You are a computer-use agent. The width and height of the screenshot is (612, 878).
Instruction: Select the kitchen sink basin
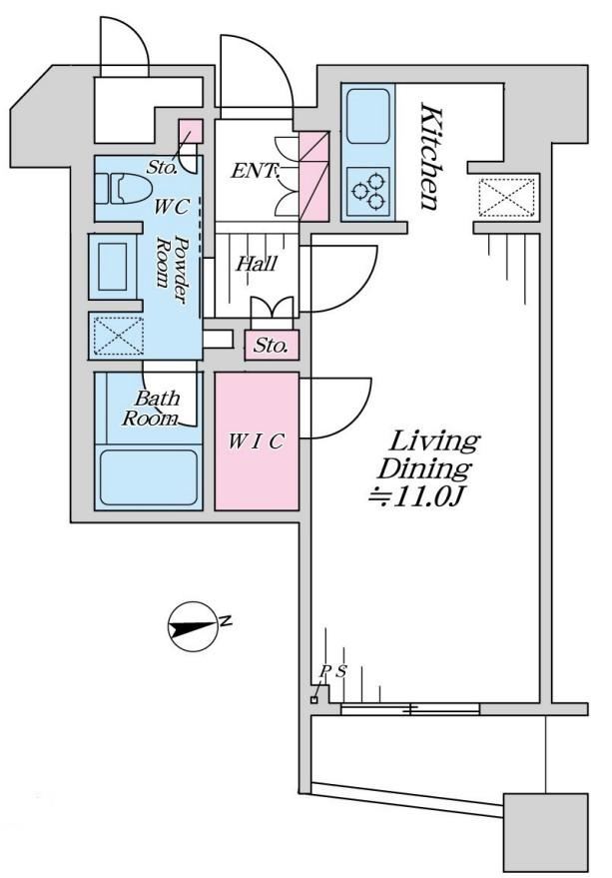point(367,116)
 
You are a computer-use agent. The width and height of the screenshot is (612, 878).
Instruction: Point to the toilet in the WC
point(122,189)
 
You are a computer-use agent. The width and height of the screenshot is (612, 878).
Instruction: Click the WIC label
point(257,441)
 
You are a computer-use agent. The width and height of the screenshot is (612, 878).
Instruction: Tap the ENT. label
point(255,171)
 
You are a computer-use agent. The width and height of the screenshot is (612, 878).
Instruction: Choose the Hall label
point(257,263)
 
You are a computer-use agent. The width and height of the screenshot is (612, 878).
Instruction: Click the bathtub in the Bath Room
point(149,477)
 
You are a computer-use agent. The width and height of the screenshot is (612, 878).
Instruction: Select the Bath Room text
point(151,409)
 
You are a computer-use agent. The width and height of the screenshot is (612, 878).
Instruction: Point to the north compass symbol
point(193,627)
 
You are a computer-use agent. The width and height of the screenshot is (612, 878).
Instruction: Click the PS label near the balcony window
point(333,670)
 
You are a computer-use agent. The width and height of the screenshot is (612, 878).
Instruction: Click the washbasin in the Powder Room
point(113,267)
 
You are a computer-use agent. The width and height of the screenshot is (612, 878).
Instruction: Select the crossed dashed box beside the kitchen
point(507,197)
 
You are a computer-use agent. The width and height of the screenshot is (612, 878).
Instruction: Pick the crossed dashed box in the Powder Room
point(118,336)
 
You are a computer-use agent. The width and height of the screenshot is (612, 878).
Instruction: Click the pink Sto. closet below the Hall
point(272,345)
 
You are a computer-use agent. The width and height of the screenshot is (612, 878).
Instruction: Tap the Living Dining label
point(429,454)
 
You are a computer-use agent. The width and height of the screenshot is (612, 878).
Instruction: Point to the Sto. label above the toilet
point(163,167)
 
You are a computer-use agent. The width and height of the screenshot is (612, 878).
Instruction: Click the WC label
point(172,207)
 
